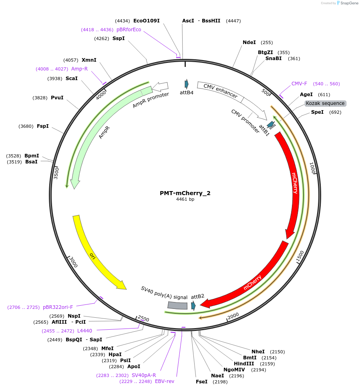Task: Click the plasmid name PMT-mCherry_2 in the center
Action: coord(185,193)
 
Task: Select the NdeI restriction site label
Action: coord(249,42)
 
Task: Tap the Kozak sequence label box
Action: coord(325,103)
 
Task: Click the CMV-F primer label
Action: coord(299,84)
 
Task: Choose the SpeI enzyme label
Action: coord(317,112)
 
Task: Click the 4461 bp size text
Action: coord(185,200)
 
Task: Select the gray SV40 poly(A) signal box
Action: coord(177,305)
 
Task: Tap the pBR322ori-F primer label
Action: coord(58,307)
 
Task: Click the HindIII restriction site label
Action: coord(244,364)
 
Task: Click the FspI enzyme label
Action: coord(42,126)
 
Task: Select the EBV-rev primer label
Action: coord(165,381)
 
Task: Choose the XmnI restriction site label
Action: coord(89,60)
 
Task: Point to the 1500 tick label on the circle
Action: coord(300,257)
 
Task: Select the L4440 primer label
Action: coord(84,331)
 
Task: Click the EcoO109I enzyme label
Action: coord(146,21)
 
